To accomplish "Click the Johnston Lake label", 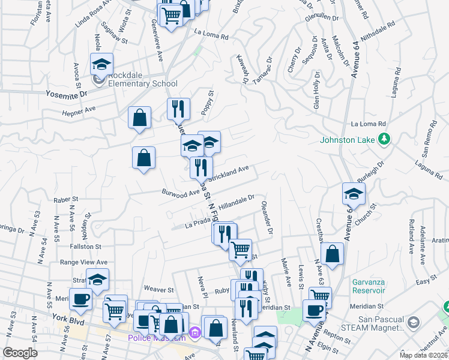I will [347, 140].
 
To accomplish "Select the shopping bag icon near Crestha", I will [332, 253].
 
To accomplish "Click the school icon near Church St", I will [354, 193].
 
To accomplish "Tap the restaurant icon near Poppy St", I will [178, 108].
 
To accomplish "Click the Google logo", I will [20, 352].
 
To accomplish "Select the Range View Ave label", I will [83, 262].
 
